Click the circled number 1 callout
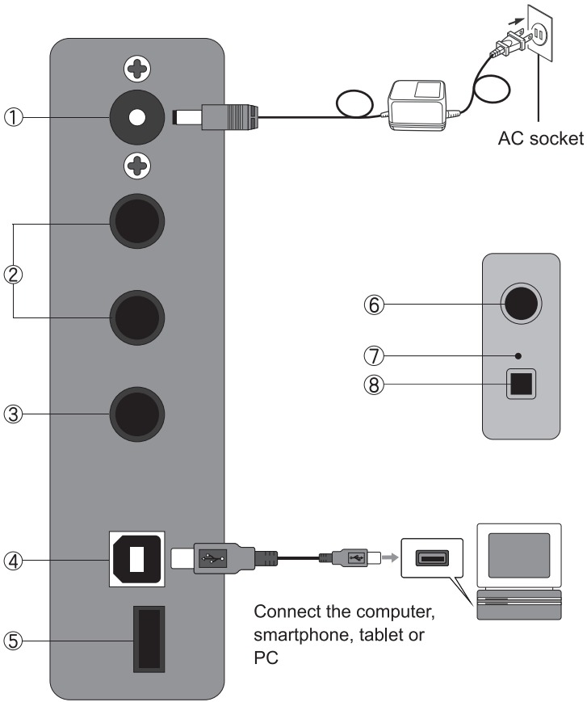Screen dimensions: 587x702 [14, 118]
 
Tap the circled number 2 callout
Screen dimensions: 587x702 [14, 275]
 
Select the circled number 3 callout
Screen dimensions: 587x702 [14, 414]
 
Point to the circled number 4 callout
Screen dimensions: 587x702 [14, 561]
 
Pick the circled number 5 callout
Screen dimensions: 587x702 [14, 641]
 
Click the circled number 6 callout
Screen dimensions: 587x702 [374, 305]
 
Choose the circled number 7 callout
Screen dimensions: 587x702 [374, 356]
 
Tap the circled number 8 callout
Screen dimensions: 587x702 [374, 385]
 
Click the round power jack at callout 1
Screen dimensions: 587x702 [137, 118]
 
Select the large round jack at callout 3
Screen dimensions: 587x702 [137, 414]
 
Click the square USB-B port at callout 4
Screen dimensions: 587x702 [137, 559]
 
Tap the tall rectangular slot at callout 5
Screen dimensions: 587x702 [149, 639]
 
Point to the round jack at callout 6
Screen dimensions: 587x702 [521, 304]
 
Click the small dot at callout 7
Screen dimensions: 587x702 [518, 356]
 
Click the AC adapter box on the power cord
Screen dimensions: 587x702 [417, 106]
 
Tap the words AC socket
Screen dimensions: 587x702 [540, 138]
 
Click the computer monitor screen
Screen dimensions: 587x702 [518, 556]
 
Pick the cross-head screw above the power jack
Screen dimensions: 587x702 [137, 69]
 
